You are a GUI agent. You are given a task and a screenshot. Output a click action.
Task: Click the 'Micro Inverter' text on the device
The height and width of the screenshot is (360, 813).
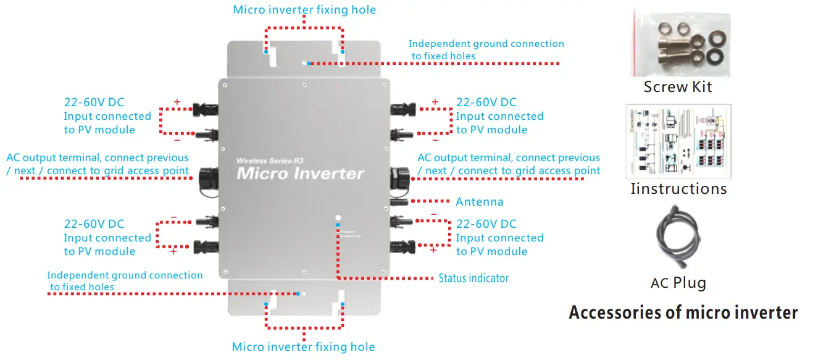coord(300,174)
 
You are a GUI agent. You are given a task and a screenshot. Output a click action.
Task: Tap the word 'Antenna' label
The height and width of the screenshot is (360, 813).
coord(479,202)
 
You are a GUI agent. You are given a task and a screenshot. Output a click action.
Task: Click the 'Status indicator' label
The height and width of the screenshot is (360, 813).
coord(473,278)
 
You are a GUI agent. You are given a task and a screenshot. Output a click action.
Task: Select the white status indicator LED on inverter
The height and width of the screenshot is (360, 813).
coord(338,217)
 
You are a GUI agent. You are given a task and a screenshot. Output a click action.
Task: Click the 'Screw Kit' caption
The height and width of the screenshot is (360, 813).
coord(677,87)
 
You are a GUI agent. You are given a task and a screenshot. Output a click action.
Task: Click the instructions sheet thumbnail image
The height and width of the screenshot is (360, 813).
coord(678,141)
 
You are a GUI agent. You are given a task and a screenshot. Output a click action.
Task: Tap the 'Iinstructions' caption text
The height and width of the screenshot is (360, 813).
coord(678,188)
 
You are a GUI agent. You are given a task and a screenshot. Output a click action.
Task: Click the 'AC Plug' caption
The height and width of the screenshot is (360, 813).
coord(678,283)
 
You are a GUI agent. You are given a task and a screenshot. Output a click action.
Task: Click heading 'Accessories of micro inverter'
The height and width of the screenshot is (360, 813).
coord(683,312)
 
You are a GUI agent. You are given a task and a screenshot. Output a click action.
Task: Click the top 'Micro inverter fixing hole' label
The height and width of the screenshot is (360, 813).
coord(304,9)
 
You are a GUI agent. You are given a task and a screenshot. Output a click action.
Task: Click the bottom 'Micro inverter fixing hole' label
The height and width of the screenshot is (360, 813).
coord(303,347)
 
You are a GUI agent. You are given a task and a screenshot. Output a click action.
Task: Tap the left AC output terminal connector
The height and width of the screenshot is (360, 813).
coord(206,180)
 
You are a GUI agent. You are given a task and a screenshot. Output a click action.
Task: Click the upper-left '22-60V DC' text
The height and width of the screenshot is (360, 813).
coord(94,103)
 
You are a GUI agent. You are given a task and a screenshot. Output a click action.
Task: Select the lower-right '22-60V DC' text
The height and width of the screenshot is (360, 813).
coord(486,224)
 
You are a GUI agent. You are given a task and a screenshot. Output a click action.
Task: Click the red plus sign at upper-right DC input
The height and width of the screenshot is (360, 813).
coord(435,102)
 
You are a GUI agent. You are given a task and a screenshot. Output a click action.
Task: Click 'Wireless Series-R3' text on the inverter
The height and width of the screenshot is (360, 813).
coord(268,161)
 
